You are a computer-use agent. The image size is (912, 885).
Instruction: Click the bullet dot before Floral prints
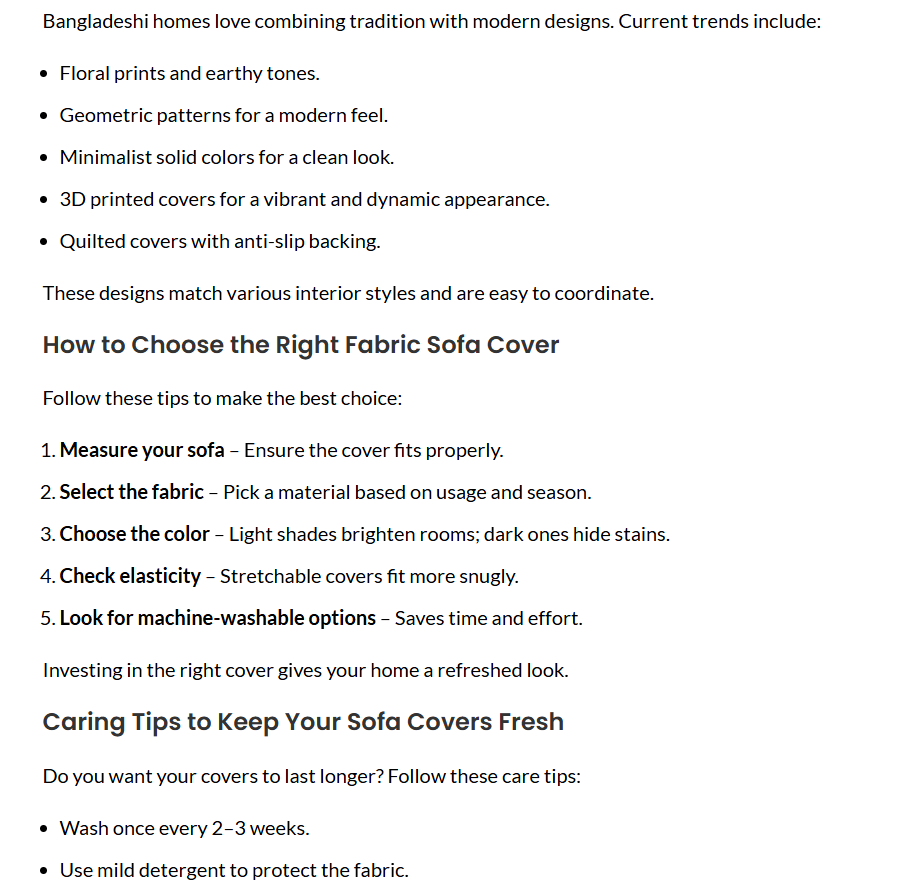(44, 74)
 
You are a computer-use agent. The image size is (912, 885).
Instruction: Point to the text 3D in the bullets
(72, 199)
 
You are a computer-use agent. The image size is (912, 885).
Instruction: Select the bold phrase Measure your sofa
(142, 450)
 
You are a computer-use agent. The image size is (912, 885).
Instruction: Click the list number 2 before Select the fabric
(46, 492)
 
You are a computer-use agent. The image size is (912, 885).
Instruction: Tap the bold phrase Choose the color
(135, 534)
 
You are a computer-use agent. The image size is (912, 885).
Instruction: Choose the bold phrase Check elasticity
(130, 576)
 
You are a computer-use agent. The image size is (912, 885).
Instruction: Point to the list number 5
(46, 618)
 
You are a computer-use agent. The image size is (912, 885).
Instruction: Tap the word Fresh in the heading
(531, 722)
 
